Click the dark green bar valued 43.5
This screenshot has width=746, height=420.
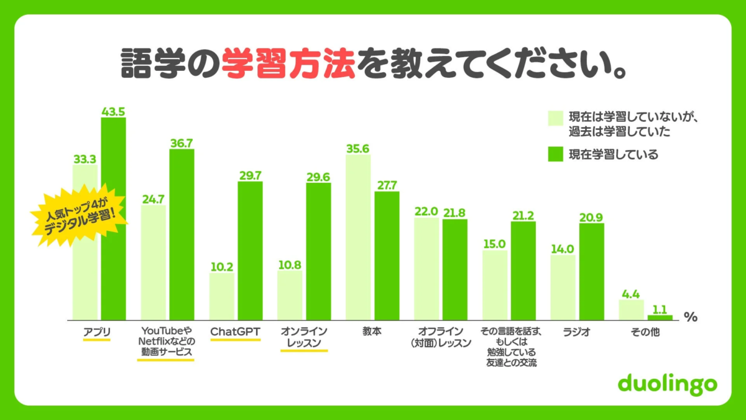113,218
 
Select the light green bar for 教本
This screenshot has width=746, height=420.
358,236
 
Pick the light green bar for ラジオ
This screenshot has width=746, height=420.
563,287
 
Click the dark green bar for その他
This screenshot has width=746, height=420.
660,317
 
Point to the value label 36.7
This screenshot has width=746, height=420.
182,142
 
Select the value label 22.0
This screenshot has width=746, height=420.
426,212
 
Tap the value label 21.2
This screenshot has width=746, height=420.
523,215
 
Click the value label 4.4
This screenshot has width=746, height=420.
630,294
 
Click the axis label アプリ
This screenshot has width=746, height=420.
96,332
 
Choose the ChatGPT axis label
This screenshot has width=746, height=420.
235,332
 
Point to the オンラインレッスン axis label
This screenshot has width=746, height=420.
304,337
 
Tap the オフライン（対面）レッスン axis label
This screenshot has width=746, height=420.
441,337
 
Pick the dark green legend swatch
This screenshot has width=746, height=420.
555,154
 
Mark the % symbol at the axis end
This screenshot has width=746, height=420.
690,317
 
